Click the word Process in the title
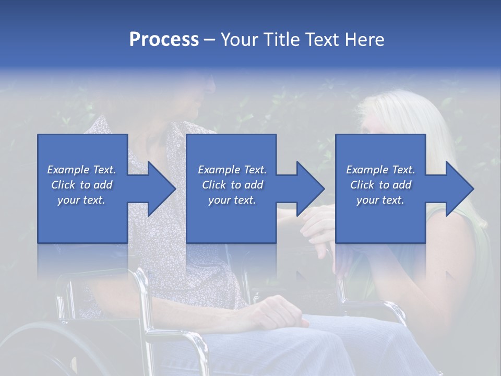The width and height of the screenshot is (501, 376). [x=164, y=39]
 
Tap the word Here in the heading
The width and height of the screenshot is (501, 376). [x=365, y=39]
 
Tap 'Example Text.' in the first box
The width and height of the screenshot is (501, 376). [x=81, y=170]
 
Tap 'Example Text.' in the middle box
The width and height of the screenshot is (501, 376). [x=232, y=170]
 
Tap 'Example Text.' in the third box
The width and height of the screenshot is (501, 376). [x=380, y=170]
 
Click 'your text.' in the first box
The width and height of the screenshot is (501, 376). [x=81, y=200]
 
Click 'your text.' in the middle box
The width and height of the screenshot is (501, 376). [x=232, y=200]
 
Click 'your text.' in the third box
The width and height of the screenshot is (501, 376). [x=380, y=200]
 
